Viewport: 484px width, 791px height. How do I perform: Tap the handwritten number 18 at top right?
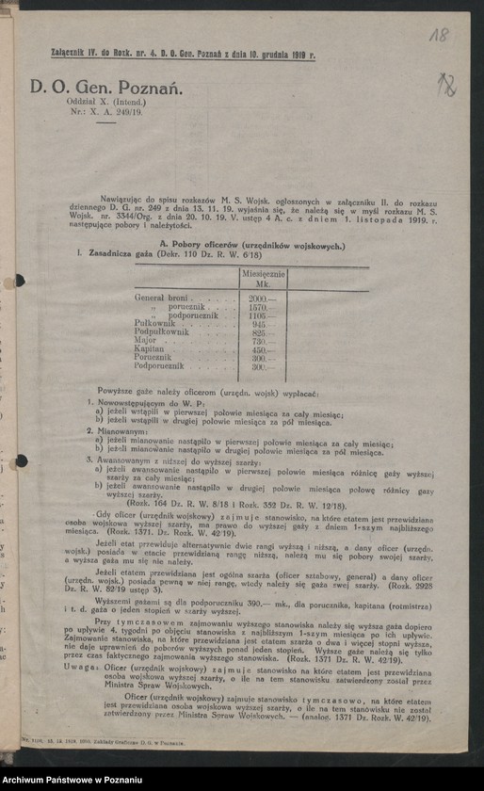(x=439, y=36)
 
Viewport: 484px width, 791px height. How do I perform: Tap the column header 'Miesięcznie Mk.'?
(x=263, y=278)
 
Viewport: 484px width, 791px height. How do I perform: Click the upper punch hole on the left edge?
(x=19, y=281)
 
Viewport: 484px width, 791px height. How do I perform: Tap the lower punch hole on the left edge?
(x=20, y=460)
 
